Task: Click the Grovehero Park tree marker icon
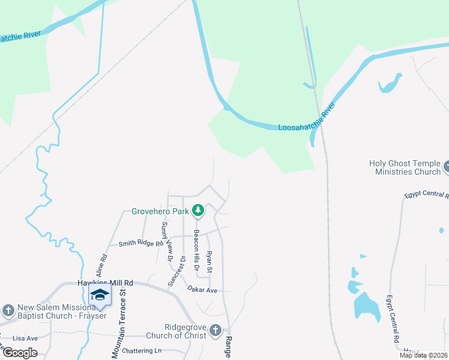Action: point(198,211)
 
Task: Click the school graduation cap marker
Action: point(100,295)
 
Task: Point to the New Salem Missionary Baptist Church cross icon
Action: point(8,310)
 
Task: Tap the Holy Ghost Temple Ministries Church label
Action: point(404,167)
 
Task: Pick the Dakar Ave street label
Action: point(202,290)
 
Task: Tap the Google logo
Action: point(20,352)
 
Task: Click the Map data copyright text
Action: point(423,355)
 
